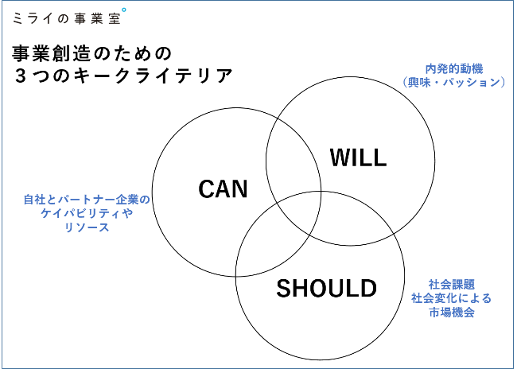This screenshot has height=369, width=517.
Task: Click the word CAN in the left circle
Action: [x=223, y=189]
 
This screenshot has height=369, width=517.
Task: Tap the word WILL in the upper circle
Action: [x=357, y=157]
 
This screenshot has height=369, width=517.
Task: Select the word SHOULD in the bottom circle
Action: [x=325, y=288]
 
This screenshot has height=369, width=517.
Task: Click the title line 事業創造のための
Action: [x=92, y=53]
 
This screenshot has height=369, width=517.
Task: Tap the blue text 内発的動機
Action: [x=453, y=68]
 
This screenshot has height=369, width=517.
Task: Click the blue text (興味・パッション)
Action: [x=453, y=83]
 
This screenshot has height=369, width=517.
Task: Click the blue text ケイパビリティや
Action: [x=87, y=213]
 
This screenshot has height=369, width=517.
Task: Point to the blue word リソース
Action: [x=87, y=227]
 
